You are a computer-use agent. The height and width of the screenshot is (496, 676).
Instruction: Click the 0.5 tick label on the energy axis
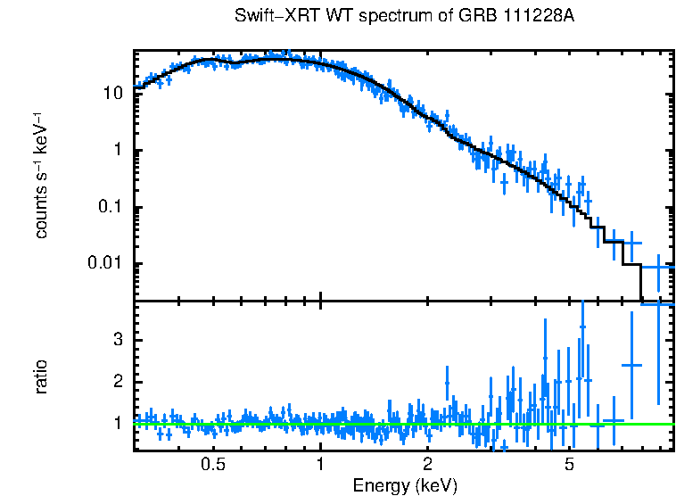(x=212, y=465)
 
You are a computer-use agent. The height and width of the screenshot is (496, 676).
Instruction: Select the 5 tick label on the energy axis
(x=569, y=465)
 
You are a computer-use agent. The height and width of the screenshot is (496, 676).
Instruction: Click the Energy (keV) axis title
(x=405, y=485)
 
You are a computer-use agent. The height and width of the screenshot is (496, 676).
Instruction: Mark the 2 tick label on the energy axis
(x=427, y=465)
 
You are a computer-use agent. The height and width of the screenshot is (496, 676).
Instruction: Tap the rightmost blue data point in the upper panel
(x=658, y=267)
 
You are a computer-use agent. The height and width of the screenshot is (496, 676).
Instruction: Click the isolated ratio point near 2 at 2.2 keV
(x=447, y=383)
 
